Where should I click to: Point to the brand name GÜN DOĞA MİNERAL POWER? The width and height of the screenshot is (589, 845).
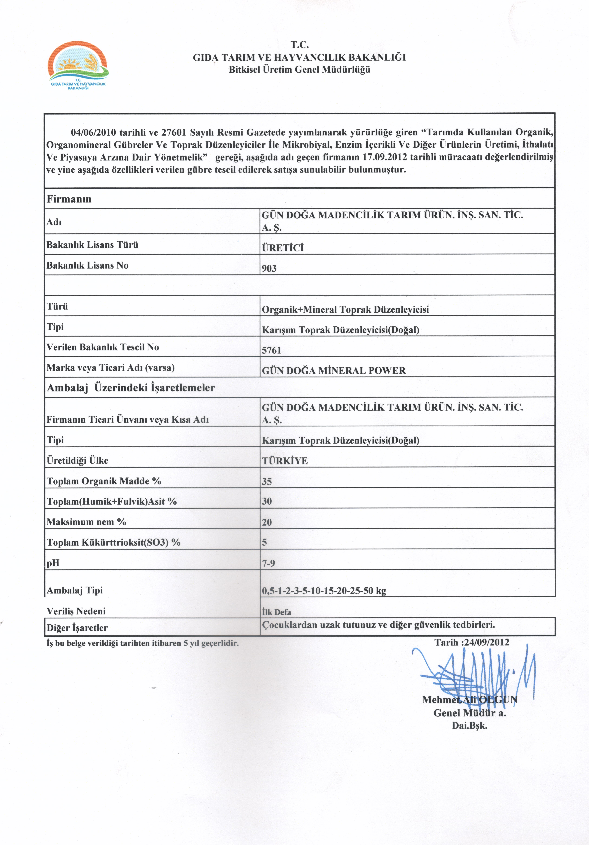click(x=334, y=371)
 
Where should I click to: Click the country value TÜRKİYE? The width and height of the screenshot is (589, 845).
click(x=285, y=461)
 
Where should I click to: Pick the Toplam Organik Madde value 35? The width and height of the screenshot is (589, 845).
click(x=267, y=481)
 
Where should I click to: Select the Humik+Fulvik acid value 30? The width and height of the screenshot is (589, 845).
click(x=267, y=501)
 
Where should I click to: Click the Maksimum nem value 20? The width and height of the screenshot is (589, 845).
click(x=267, y=522)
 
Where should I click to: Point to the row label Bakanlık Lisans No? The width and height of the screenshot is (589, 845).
click(x=87, y=265)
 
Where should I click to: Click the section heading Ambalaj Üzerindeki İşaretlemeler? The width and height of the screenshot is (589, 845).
click(x=131, y=387)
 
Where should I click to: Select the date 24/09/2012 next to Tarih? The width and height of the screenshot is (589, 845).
click(x=486, y=642)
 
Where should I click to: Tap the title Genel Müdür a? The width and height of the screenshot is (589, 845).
click(x=470, y=713)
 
